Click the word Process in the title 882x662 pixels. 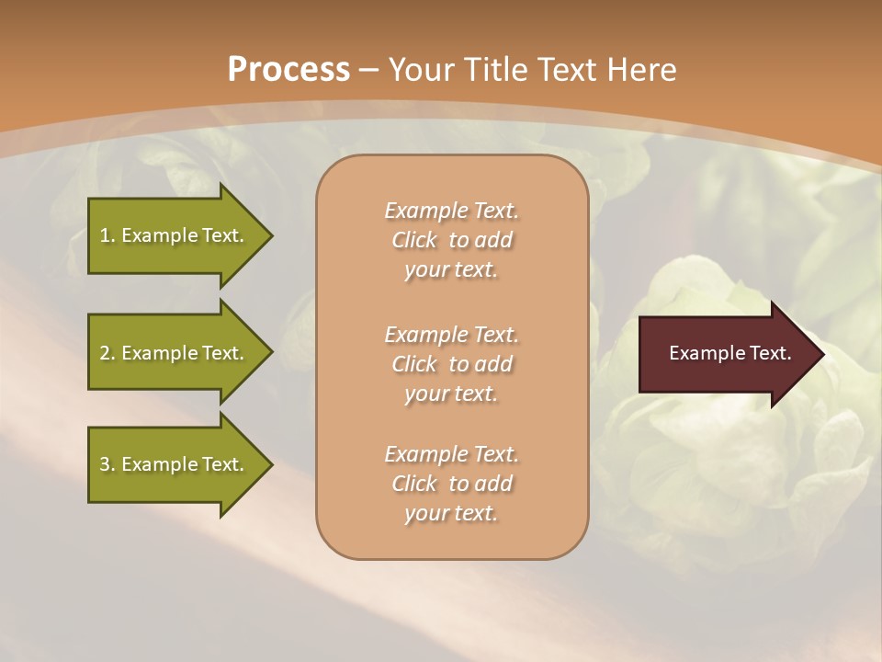(x=288, y=70)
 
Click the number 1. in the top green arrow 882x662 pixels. (x=107, y=235)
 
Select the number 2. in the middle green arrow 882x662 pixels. (x=107, y=353)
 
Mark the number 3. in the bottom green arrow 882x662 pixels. (x=107, y=464)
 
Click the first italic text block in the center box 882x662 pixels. (x=451, y=240)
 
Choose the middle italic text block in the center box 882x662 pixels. (x=451, y=364)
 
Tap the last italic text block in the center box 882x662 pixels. (x=451, y=484)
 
